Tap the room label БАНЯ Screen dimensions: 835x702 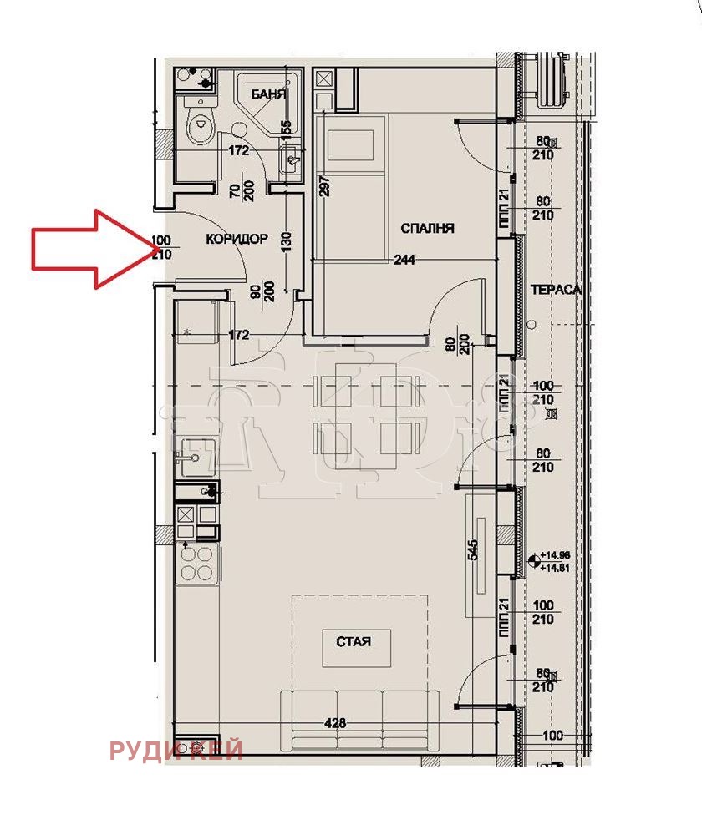click(269, 94)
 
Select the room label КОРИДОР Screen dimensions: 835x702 click(237, 239)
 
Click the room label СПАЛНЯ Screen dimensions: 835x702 click(427, 228)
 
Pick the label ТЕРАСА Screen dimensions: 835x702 click(555, 289)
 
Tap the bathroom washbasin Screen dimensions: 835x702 click(290, 157)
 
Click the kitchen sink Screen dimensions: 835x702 click(195, 456)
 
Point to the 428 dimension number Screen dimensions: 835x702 click(334, 724)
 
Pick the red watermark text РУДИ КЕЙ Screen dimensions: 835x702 click(175, 751)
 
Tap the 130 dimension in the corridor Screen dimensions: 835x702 click(286, 242)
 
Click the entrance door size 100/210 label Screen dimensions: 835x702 click(161, 248)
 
